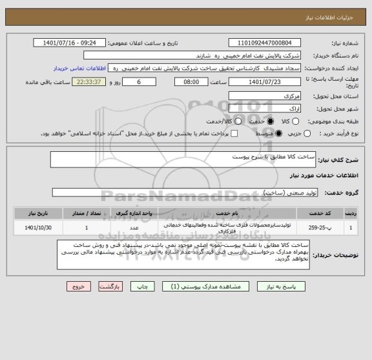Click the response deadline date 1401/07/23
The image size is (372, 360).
265,83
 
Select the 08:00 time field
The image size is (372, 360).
191,83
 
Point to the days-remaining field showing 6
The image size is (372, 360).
139,83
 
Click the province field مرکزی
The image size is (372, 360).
265,96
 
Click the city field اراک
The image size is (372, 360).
265,108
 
